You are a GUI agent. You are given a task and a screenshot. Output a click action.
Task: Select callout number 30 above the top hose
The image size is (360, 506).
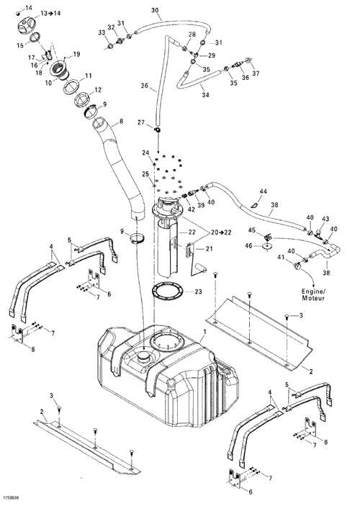click(155, 10)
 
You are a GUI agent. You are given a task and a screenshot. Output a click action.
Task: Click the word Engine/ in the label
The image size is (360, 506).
click(314, 291)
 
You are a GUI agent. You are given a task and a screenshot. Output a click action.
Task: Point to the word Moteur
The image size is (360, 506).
click(313, 298)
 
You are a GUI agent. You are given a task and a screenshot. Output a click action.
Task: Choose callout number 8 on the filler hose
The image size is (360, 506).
click(121, 122)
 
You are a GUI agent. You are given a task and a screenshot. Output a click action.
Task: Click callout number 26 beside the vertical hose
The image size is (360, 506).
click(145, 86)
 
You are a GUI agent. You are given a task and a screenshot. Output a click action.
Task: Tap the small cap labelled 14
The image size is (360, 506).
click(19, 13)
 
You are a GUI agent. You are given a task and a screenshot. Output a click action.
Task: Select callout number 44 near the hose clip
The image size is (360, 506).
click(263, 191)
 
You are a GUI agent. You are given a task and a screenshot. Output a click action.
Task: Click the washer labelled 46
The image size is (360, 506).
click(267, 246)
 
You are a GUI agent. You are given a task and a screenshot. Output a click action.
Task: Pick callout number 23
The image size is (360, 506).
click(198, 292)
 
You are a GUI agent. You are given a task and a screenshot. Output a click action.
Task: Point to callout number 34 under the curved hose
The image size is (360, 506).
click(205, 95)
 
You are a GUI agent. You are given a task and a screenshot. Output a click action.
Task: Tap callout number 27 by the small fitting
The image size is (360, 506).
click(141, 122)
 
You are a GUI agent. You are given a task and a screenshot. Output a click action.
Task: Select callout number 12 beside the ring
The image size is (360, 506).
click(98, 90)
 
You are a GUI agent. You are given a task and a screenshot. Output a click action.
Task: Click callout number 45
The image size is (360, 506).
click(252, 230)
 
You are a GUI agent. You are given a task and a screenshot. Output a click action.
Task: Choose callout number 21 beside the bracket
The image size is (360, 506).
click(209, 249)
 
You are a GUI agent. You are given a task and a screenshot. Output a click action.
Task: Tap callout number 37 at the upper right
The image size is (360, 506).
click(256, 73)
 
